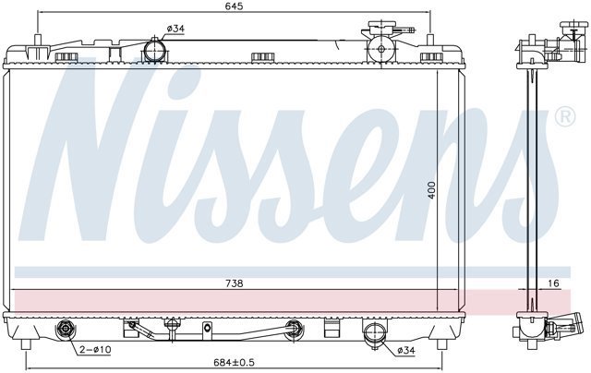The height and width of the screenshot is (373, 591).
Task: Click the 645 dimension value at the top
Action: point(235,6)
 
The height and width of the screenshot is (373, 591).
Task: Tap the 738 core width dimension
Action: point(234,283)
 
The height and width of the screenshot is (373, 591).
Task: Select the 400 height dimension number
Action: point(432,190)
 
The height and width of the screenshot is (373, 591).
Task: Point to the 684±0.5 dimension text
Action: point(234,363)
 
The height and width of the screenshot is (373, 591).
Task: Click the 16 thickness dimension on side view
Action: point(553,283)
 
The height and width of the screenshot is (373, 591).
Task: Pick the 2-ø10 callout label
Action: point(95,350)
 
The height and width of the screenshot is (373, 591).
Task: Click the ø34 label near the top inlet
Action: point(175,29)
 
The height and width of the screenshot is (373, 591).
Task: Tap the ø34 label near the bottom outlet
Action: point(406,351)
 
